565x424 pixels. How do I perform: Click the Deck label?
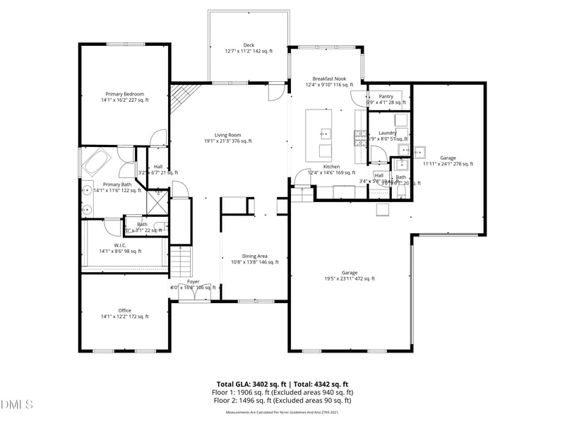click(x=249, y=45)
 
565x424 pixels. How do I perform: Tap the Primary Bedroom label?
click(x=125, y=94)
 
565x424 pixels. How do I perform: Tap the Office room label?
click(x=124, y=311)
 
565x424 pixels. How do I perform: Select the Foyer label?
click(x=193, y=281)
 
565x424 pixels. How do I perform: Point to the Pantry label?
click(x=386, y=96)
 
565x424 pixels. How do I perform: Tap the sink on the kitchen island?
click(x=326, y=133)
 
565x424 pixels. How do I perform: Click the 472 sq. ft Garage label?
click(x=350, y=273)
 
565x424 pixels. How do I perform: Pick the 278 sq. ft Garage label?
click(x=448, y=158)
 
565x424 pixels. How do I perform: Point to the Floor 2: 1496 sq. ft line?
click(x=282, y=401)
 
